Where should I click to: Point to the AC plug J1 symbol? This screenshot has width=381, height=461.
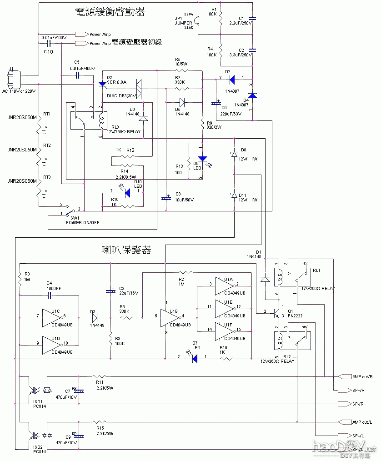coord(12,78)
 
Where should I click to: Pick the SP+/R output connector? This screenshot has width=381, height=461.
coord(343,391)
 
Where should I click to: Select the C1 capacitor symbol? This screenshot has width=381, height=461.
coord(253,19)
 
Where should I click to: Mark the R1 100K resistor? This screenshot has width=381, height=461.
coord(221,19)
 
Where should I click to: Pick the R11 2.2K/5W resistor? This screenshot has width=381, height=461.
coord(100,376)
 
